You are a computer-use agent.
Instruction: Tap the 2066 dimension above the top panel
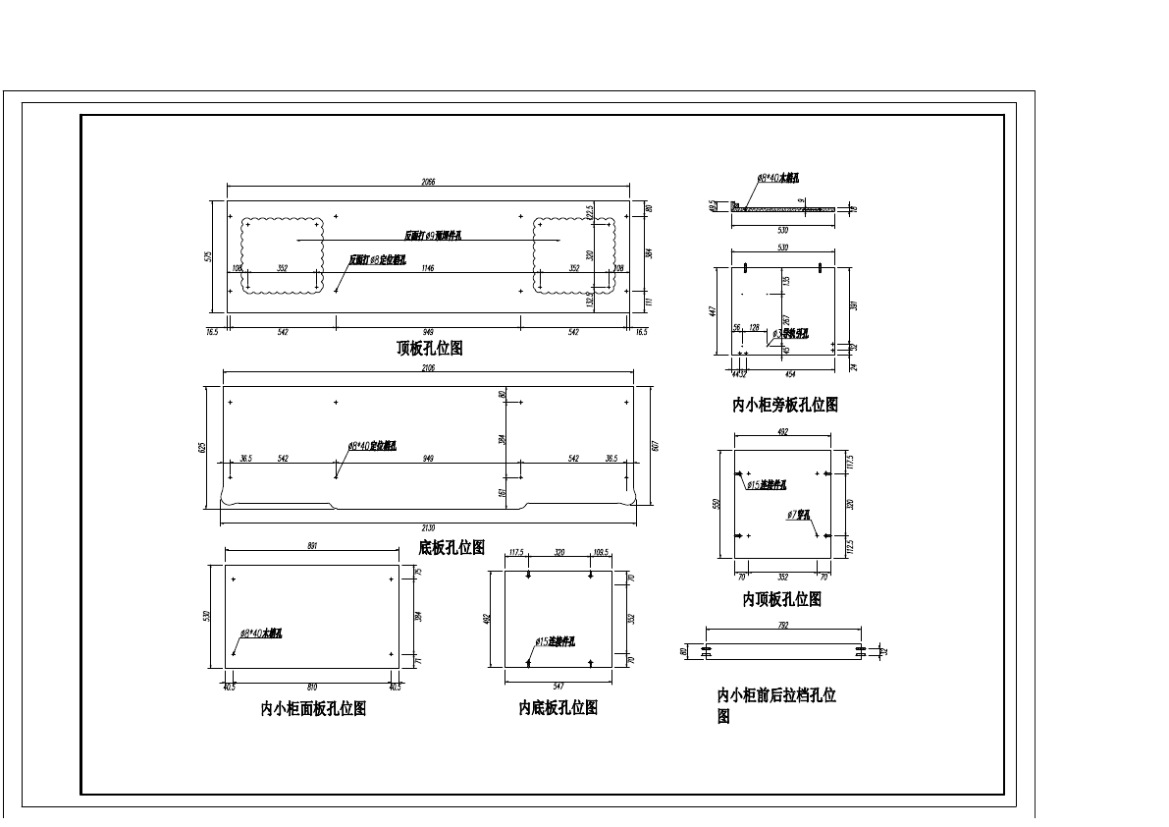click(x=428, y=182)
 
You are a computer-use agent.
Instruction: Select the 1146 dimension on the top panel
click(x=428, y=268)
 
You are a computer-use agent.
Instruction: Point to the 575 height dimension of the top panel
click(x=208, y=256)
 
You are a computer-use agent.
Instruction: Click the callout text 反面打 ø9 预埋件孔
click(x=433, y=236)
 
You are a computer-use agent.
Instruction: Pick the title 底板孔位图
click(x=452, y=547)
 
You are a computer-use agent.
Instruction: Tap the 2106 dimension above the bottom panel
click(x=428, y=368)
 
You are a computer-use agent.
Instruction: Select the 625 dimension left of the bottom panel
click(x=202, y=447)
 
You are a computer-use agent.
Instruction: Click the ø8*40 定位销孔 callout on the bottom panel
click(x=372, y=446)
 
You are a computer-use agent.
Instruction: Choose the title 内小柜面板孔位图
click(x=313, y=709)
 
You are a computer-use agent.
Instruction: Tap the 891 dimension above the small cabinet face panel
click(x=312, y=546)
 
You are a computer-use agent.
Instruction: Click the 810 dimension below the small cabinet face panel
click(x=312, y=688)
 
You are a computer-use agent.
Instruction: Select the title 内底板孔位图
click(x=558, y=708)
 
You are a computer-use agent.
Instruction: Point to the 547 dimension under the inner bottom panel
click(x=558, y=687)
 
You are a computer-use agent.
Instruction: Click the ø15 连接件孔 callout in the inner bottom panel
click(x=556, y=642)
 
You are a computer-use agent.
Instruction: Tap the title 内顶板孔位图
click(x=781, y=599)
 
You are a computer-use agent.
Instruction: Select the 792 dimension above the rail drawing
click(x=783, y=625)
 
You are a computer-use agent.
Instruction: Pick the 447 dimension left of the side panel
click(x=714, y=310)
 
